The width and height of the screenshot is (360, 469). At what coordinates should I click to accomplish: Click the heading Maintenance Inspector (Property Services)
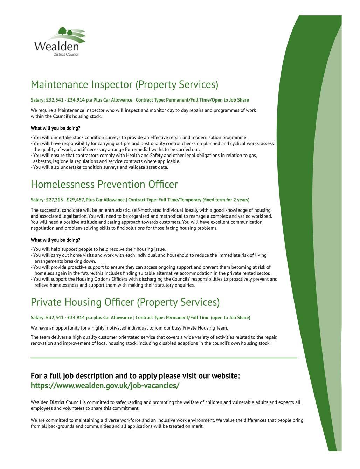tap(124, 85)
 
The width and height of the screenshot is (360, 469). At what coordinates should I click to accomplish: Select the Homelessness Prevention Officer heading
tap(104, 185)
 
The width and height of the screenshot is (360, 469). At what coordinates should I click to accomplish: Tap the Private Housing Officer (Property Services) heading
tap(125, 302)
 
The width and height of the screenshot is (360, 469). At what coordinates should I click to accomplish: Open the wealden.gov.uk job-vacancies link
tap(105, 386)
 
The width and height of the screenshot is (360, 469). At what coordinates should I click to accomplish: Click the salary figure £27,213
tap(54, 200)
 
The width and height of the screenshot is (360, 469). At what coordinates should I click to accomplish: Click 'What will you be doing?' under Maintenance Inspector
tap(55, 128)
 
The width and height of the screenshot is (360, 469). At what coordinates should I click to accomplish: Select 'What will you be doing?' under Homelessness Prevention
tap(55, 240)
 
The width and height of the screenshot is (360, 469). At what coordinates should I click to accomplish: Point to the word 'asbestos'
tap(42, 161)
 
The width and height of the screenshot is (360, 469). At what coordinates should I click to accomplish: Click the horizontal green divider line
tap(164, 358)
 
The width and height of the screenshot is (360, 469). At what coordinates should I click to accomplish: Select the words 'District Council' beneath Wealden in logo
tap(66, 55)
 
